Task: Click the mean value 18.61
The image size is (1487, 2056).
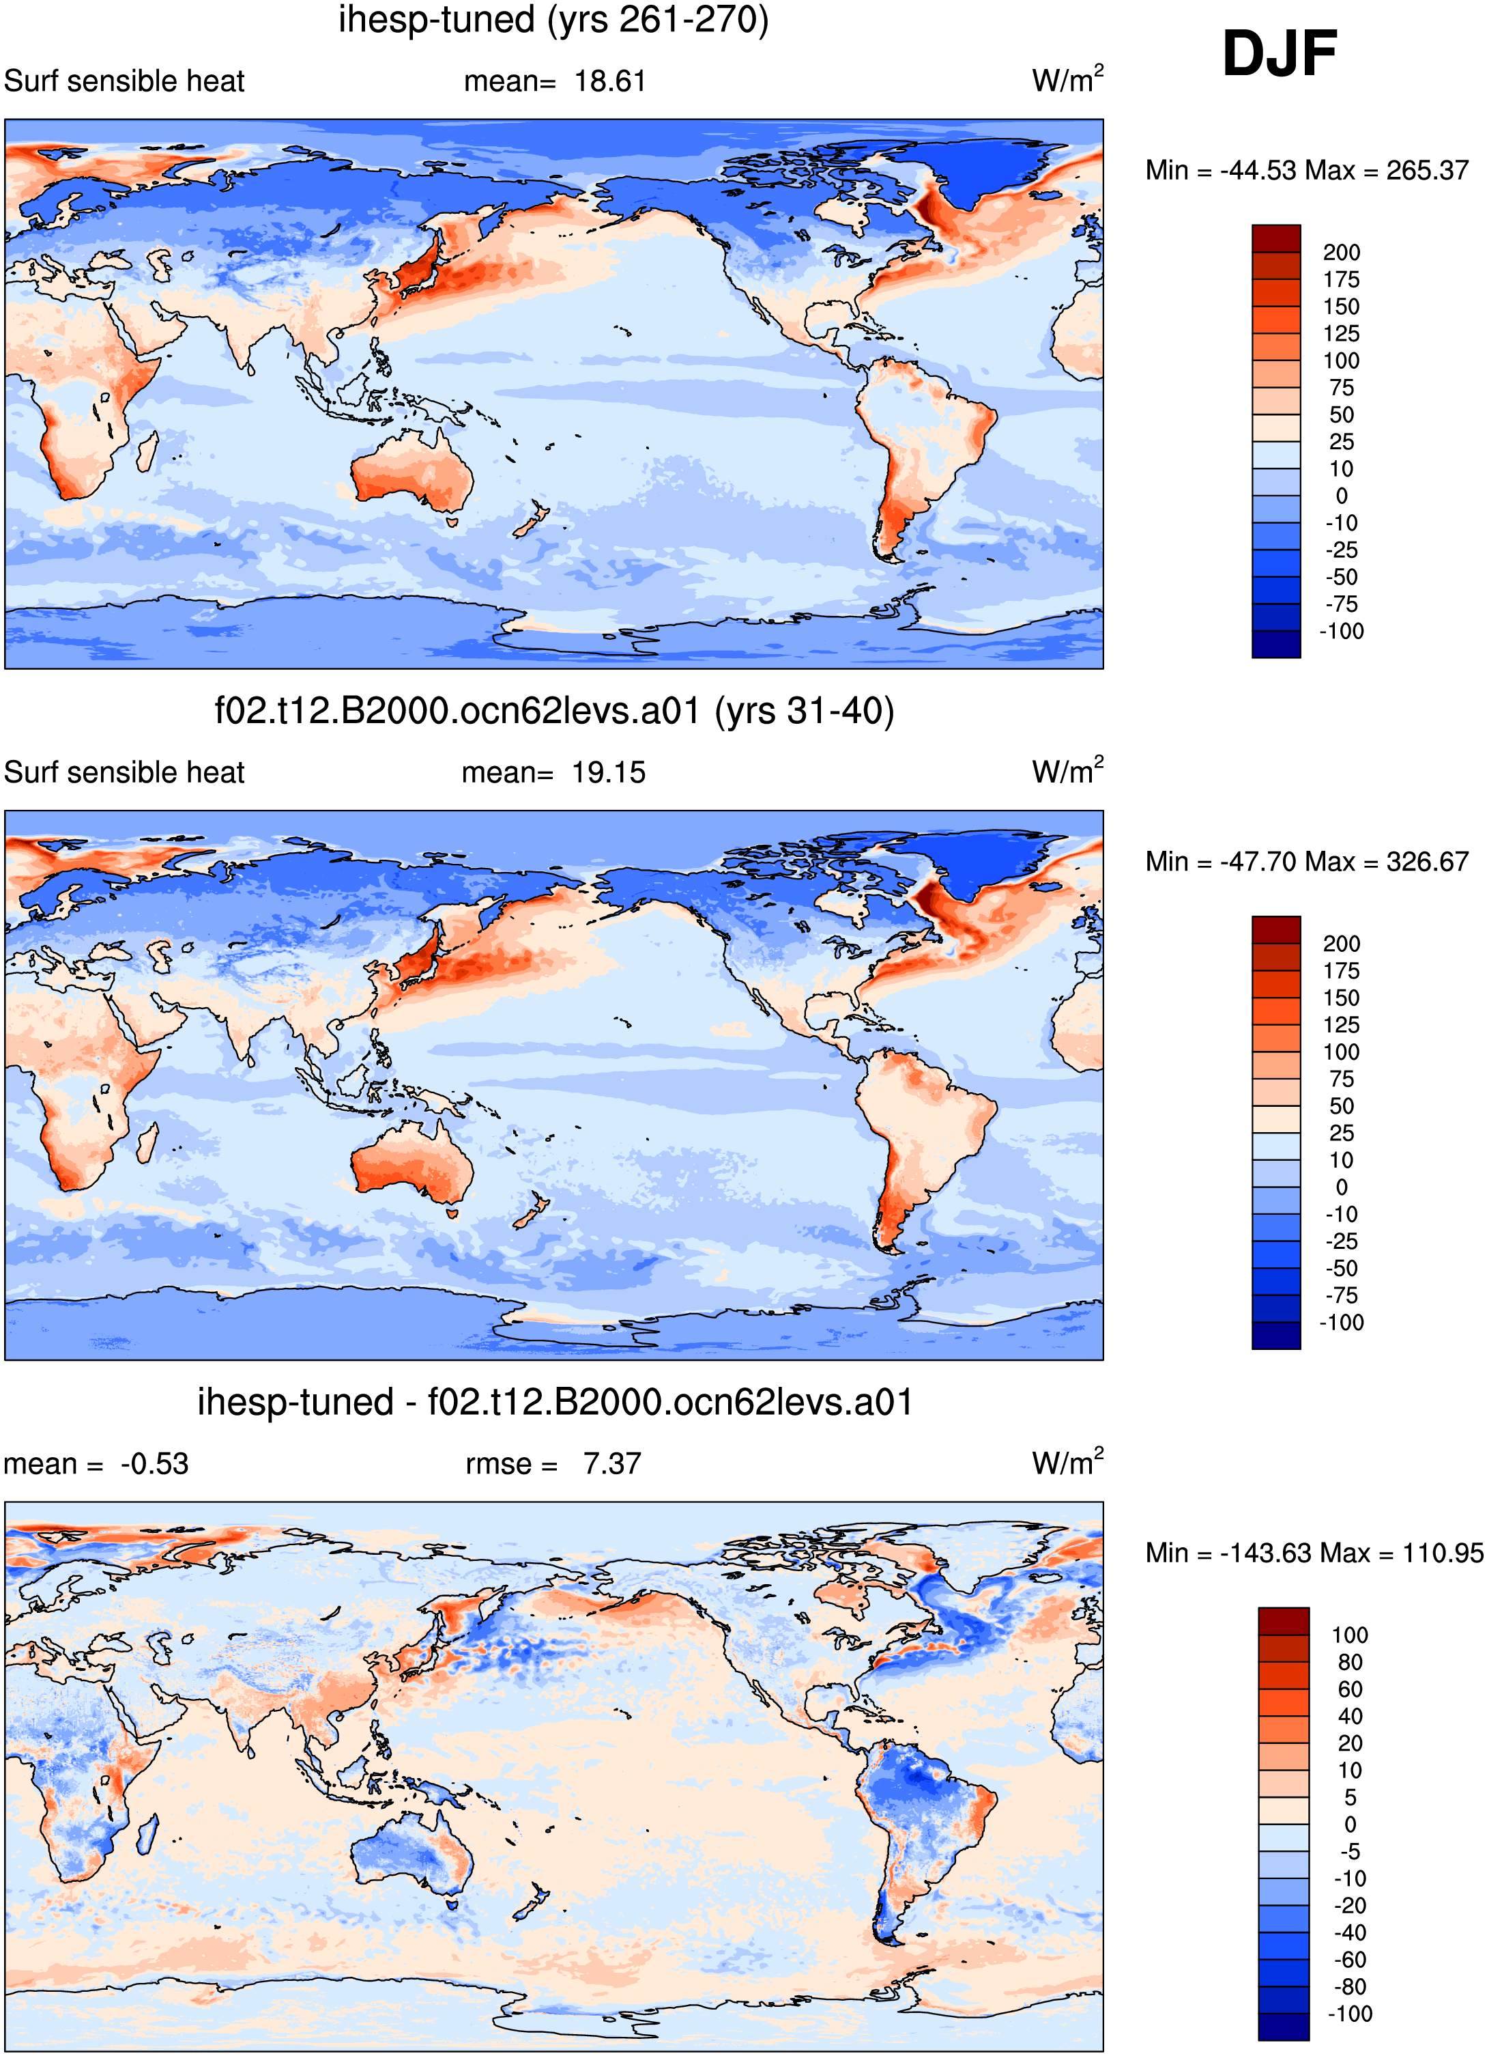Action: (610, 81)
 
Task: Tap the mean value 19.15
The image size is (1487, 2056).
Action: (608, 772)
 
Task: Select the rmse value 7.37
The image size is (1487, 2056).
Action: (611, 1464)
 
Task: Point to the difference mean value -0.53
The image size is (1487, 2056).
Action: (154, 1464)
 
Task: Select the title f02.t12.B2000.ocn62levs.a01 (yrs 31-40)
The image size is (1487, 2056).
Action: (553, 712)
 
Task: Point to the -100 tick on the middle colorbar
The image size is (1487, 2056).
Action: (1341, 1322)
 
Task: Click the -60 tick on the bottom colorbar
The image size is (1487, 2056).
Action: (1349, 1959)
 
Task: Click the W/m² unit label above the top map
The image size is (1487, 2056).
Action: (1067, 79)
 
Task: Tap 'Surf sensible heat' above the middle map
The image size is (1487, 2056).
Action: (124, 772)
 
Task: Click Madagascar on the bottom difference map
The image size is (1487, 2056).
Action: (147, 1832)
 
